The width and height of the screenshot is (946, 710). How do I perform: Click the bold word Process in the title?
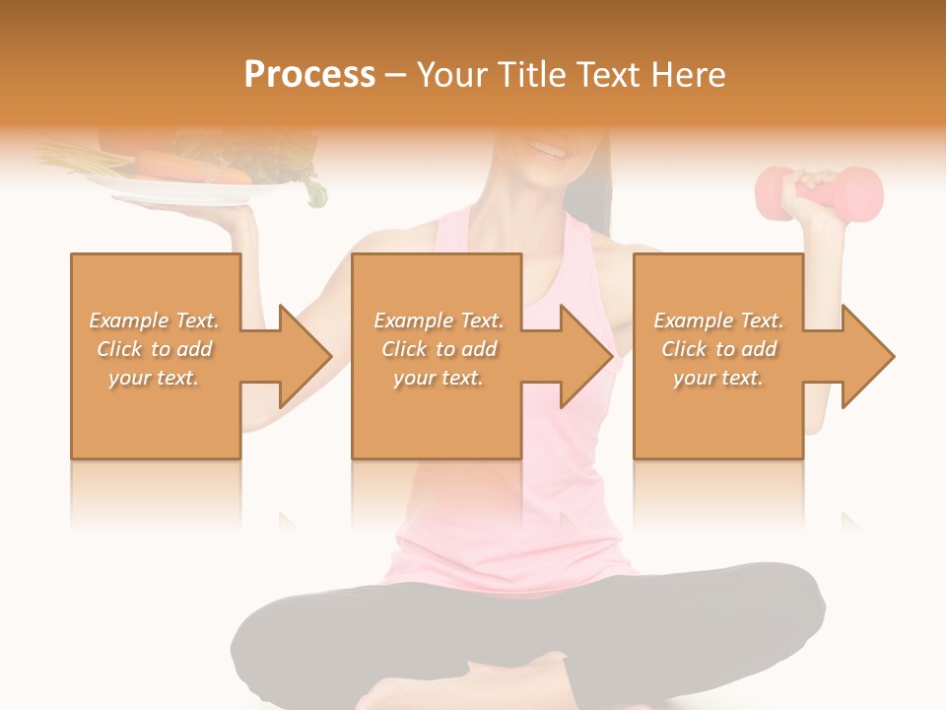pyautogui.click(x=309, y=75)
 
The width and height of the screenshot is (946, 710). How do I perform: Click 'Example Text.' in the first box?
pyautogui.click(x=154, y=320)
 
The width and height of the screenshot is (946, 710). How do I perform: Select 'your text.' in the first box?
pyautogui.click(x=154, y=378)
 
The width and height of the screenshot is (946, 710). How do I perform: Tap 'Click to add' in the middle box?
pyautogui.click(x=439, y=349)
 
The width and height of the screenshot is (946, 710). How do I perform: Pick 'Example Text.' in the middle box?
pyautogui.click(x=439, y=320)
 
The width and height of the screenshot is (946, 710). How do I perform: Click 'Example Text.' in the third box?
pyautogui.click(x=718, y=320)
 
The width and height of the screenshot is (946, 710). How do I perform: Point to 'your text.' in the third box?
pyautogui.click(x=718, y=378)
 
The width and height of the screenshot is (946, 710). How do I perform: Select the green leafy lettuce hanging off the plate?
pyautogui.click(x=313, y=187)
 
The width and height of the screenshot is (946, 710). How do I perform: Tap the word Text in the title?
pyautogui.click(x=611, y=75)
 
